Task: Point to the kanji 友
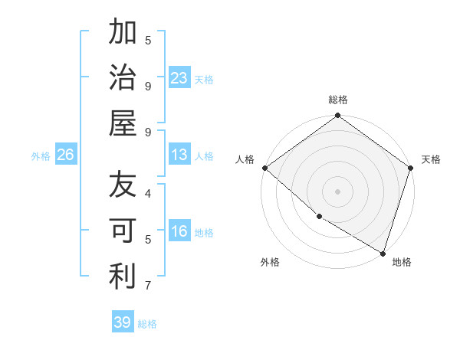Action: point(123,185)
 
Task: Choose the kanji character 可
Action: point(123,231)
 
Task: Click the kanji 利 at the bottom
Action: point(123,277)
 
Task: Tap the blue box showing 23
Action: point(179,78)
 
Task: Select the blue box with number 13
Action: point(179,155)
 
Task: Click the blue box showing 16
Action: point(179,232)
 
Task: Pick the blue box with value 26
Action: point(65,155)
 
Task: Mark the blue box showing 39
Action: point(123,322)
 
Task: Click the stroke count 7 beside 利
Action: point(147,286)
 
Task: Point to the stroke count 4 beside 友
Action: point(147,193)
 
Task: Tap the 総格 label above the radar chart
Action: point(338,100)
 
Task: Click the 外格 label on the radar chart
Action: point(270,262)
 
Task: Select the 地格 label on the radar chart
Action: point(402,262)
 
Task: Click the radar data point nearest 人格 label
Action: point(264,168)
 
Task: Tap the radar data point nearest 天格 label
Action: point(410,168)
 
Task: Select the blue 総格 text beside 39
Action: point(147,324)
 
